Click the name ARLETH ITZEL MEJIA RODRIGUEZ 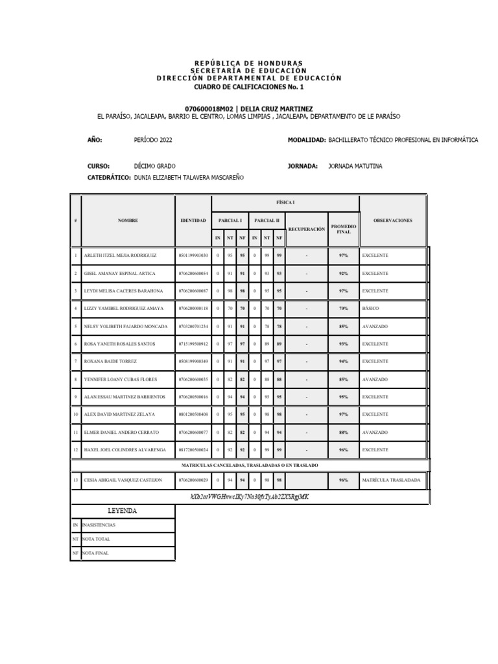click(120, 255)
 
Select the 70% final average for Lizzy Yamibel click(344, 309)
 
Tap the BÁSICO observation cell click(372, 309)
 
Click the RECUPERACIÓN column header click(306, 229)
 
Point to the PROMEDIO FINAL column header click(344, 229)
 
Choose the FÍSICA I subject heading click(285, 202)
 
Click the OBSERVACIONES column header click(392, 220)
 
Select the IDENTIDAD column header click(193, 220)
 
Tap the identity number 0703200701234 click(193, 326)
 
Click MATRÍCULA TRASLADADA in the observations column click(391, 480)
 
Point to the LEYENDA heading click(122, 511)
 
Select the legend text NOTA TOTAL click(96, 539)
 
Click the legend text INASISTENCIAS click(99, 525)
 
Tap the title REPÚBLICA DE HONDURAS click(248, 62)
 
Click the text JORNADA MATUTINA click(355, 166)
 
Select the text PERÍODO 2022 click(153, 140)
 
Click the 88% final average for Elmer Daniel click(344, 432)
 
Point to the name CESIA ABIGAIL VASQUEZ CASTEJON click(123, 480)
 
